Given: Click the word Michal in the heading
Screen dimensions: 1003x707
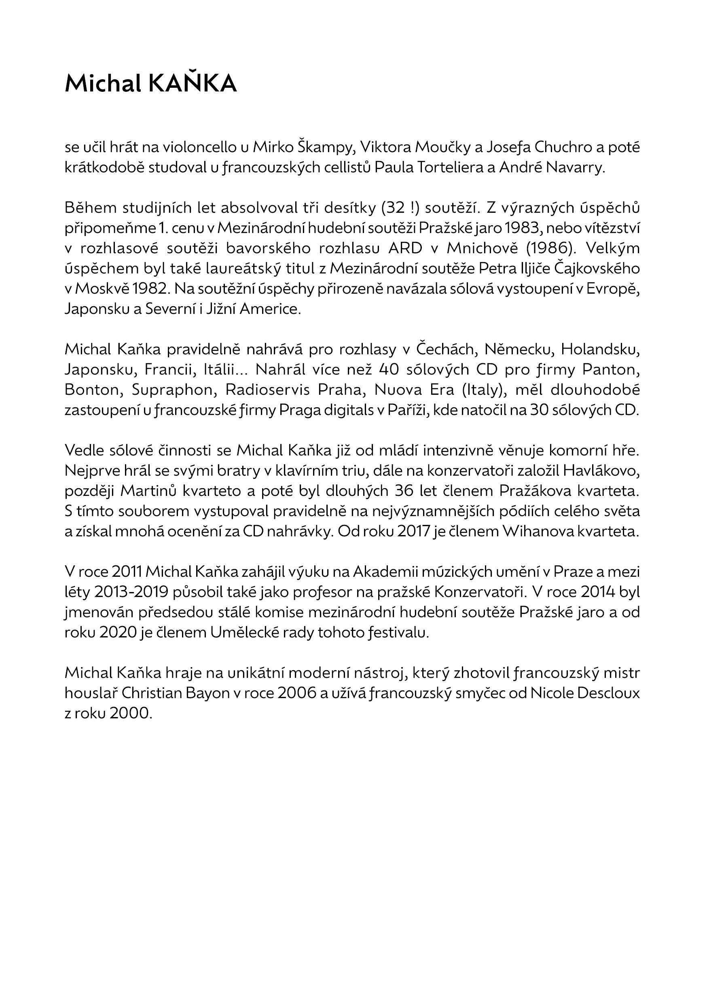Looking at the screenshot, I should point(103,83).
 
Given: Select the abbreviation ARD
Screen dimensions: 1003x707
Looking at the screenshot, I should point(405,248).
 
